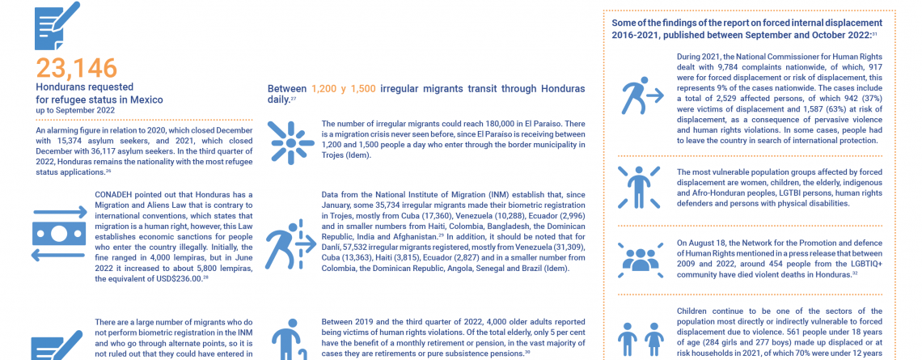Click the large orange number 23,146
77,69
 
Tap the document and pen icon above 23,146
56,25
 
